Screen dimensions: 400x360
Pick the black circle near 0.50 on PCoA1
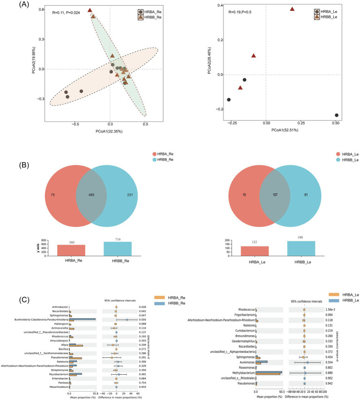click(337, 115)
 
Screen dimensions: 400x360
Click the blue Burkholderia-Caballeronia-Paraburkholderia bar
click(82, 319)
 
